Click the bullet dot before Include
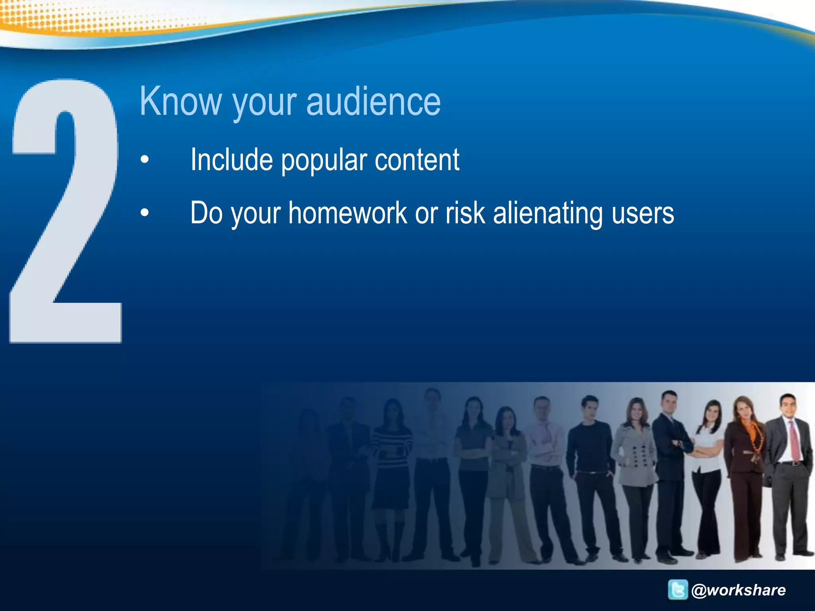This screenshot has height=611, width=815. click(145, 160)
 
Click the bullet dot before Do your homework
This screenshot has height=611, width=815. click(145, 213)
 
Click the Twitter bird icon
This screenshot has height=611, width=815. click(678, 590)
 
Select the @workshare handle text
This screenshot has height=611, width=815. click(739, 590)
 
